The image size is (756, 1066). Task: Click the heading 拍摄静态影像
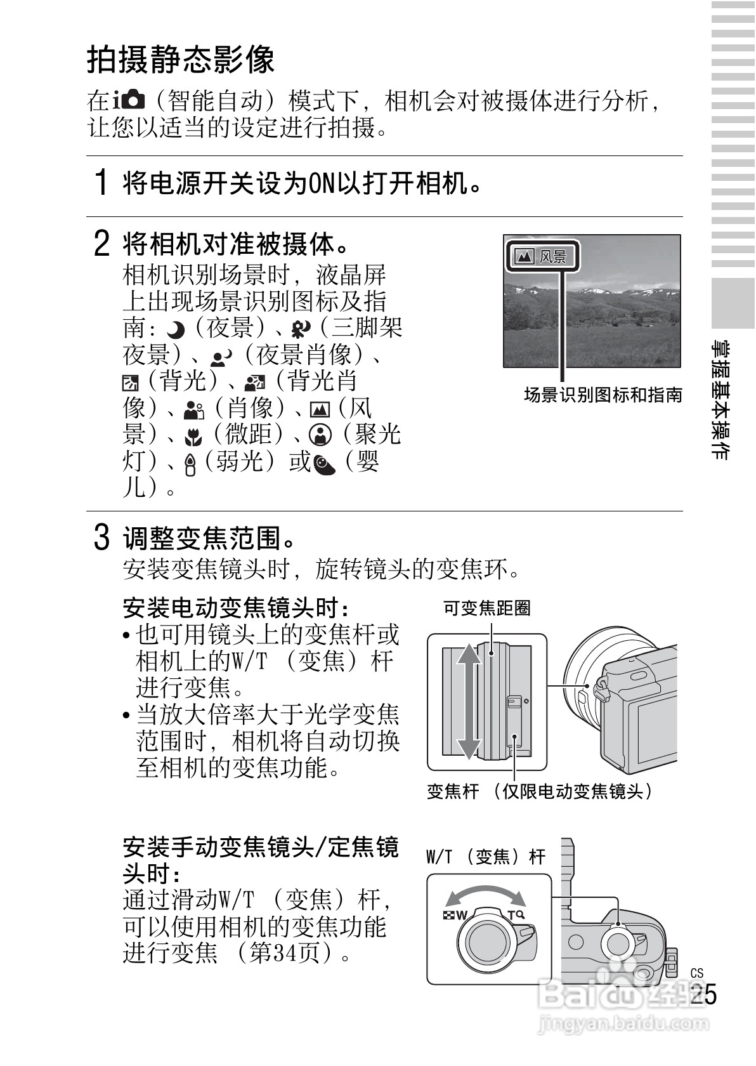tap(181, 60)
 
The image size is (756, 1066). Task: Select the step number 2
tap(101, 244)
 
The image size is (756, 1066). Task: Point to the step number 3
tap(101, 537)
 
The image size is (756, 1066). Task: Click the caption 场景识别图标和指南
tap(603, 395)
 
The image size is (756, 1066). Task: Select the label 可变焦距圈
tap(486, 609)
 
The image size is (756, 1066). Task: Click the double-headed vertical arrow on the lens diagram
tap(466, 701)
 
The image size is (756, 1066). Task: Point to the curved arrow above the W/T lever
tap(486, 895)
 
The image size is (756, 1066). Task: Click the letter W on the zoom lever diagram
tap(461, 914)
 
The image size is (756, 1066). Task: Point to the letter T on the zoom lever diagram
tap(511, 914)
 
